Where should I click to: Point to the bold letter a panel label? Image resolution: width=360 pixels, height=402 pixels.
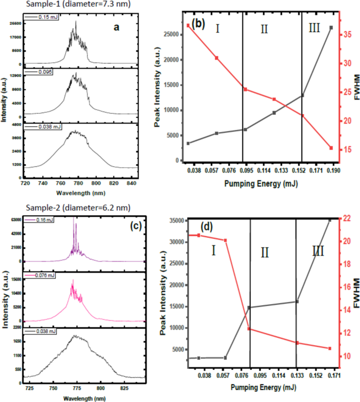tap(117, 28)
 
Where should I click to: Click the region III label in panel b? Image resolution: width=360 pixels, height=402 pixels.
tap(314, 28)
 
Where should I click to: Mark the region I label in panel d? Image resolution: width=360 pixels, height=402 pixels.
tap(213, 250)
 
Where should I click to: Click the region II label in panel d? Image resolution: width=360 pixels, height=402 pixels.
tap(264, 253)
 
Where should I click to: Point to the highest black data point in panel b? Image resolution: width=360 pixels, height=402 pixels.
tap(331, 27)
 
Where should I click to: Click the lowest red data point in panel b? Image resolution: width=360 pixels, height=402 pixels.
tap(331, 148)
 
